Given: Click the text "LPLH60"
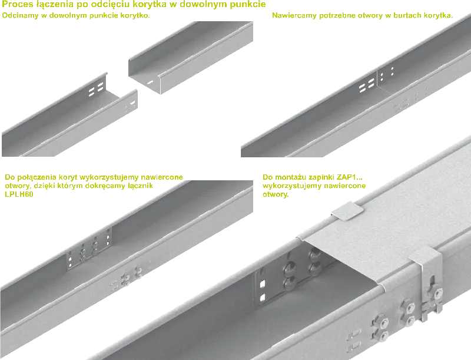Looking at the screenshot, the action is pos(19,194).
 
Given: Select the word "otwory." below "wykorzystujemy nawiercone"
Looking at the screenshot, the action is pos(276,194).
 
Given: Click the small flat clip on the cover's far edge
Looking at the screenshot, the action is pos(347,210).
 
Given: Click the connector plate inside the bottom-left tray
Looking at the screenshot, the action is pos(89,247).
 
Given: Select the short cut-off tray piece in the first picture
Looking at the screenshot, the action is pos(190,57).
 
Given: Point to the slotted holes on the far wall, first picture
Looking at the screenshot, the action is pos(97,89).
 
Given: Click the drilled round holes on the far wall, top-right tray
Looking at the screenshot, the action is pos(387,74).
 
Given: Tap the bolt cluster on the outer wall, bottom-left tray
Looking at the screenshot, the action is pos(131,276).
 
